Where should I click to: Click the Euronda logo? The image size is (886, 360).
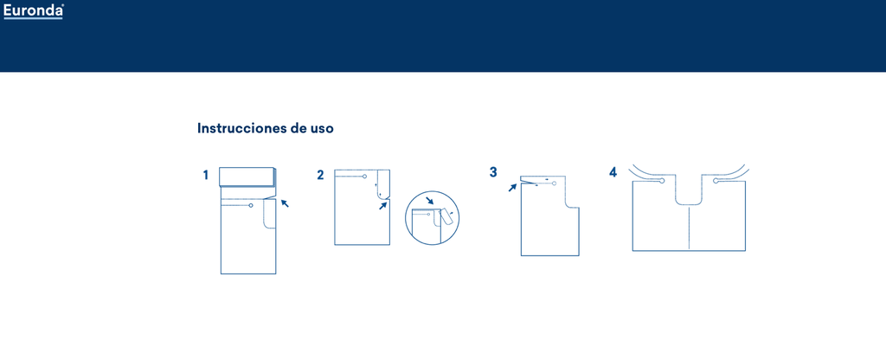pyautogui.click(x=34, y=10)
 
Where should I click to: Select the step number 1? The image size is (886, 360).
pyautogui.click(x=206, y=175)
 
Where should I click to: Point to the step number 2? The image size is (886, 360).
pyautogui.click(x=320, y=175)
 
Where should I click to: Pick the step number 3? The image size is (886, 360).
pyautogui.click(x=493, y=172)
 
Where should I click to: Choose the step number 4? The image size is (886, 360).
pyautogui.click(x=613, y=172)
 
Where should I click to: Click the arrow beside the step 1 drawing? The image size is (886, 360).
pyautogui.click(x=285, y=202)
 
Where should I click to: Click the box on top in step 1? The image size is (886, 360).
pyautogui.click(x=247, y=177)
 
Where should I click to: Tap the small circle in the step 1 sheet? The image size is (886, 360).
pyautogui.click(x=250, y=205)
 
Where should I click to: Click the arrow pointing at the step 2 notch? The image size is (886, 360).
pyautogui.click(x=382, y=206)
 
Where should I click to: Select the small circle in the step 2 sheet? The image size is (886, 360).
pyautogui.click(x=364, y=177)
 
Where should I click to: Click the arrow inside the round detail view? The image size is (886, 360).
pyautogui.click(x=430, y=201)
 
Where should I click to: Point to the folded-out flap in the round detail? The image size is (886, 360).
pyautogui.click(x=446, y=217)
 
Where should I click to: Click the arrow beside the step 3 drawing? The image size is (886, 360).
pyautogui.click(x=512, y=187)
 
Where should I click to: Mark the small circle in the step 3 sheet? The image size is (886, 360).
pyautogui.click(x=554, y=183)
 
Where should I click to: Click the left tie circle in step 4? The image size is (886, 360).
pyautogui.click(x=661, y=181)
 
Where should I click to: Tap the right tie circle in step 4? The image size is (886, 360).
pyautogui.click(x=716, y=181)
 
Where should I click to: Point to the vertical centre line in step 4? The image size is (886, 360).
pyautogui.click(x=690, y=228)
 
